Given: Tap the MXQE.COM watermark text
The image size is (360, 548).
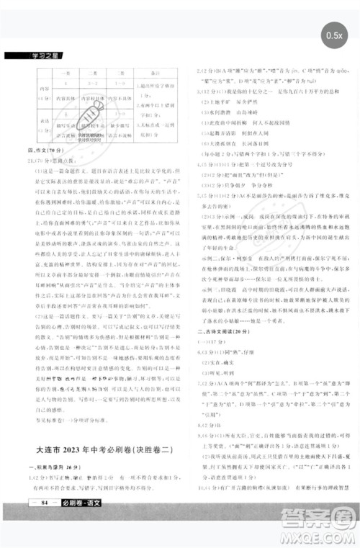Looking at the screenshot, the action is pyautogui.click(x=317, y=534).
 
